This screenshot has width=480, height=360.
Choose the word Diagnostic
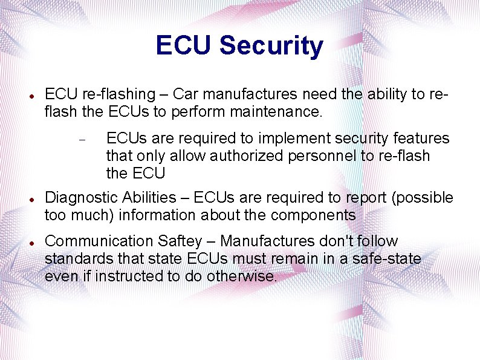tap(82, 198)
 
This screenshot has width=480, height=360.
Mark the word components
tap(313, 215)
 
